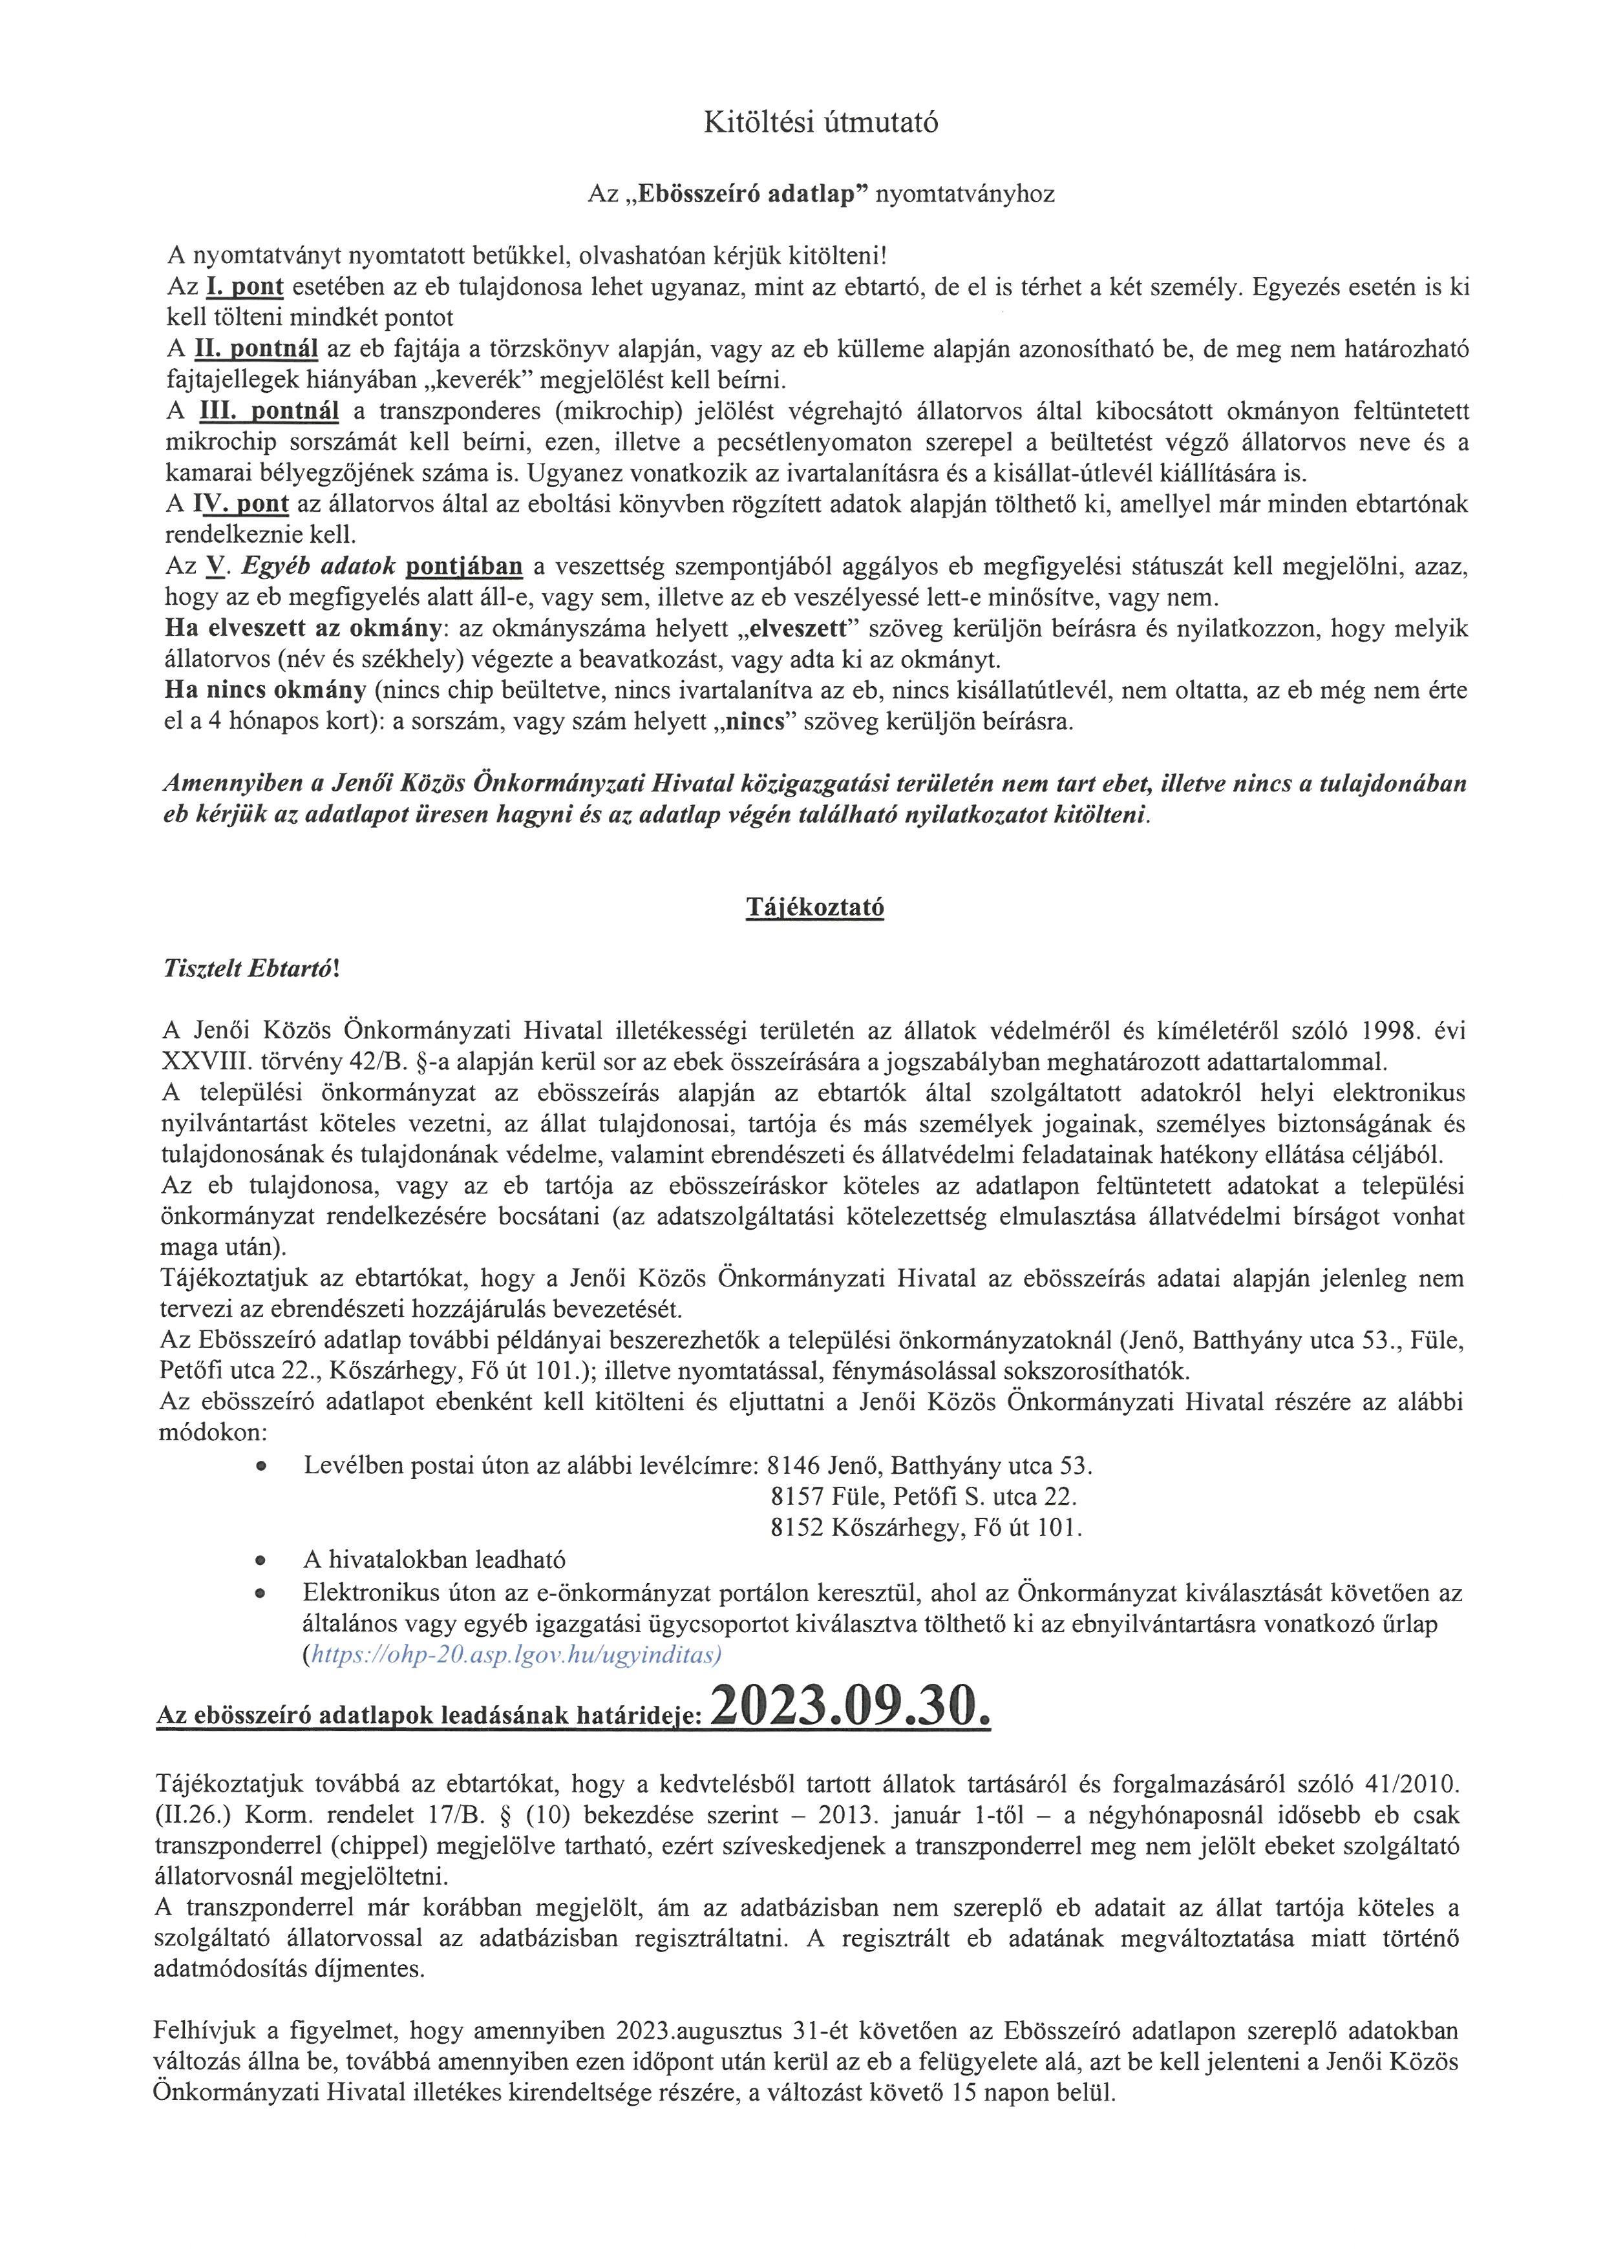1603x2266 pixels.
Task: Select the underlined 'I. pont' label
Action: click(x=245, y=287)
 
